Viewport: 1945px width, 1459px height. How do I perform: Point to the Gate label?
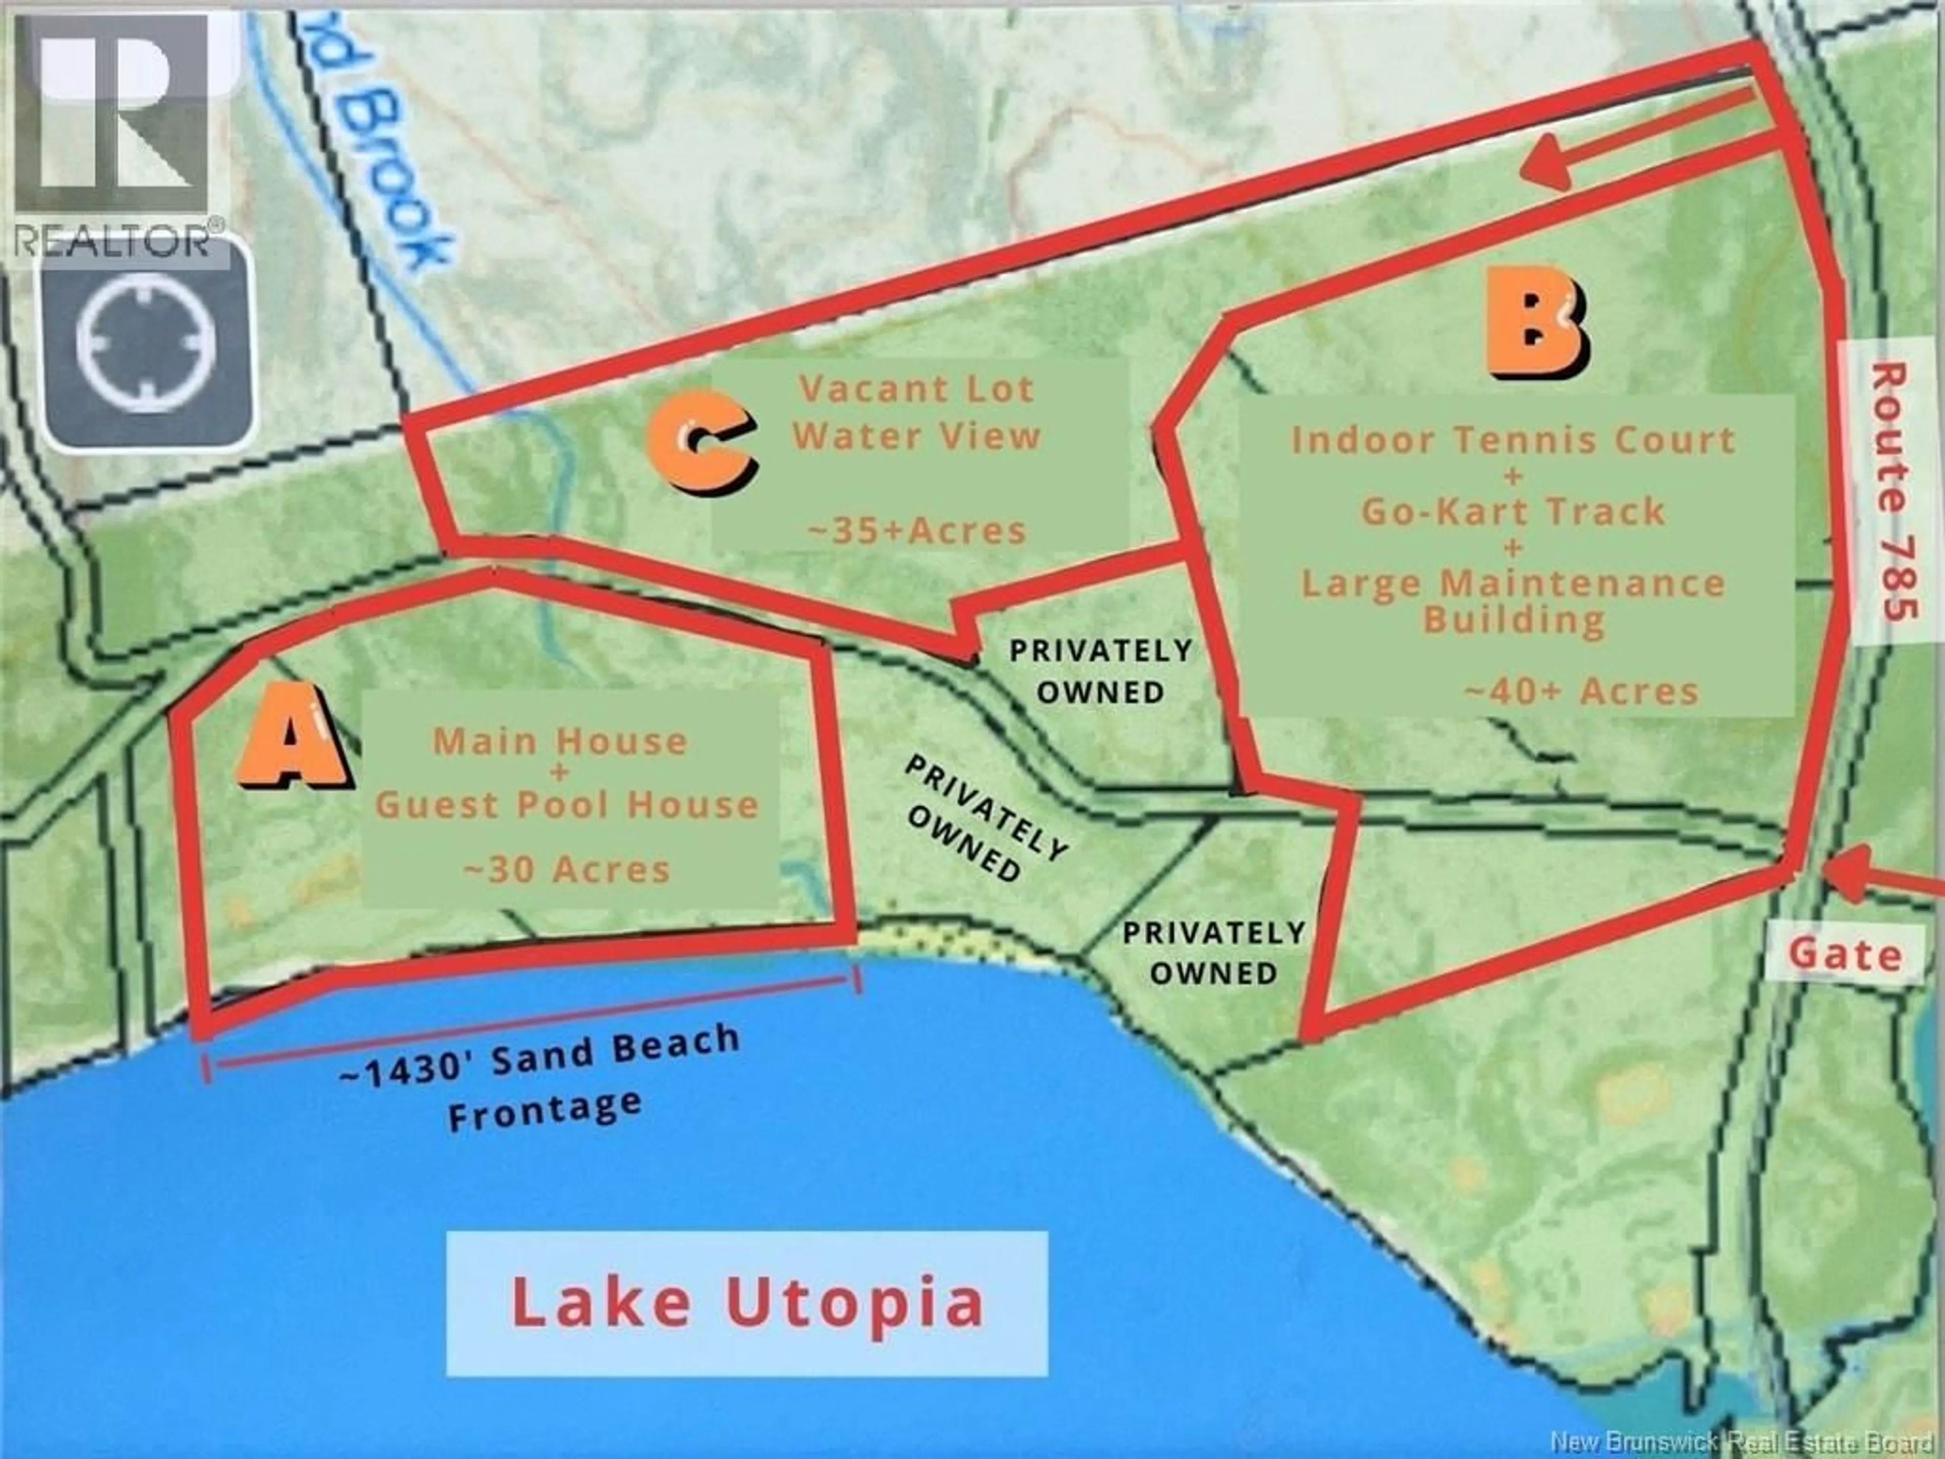pos(1844,955)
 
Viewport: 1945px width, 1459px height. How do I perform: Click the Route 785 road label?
pos(1890,492)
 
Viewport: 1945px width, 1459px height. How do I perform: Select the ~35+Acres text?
pos(917,530)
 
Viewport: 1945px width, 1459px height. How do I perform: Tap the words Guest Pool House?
pos(567,804)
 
